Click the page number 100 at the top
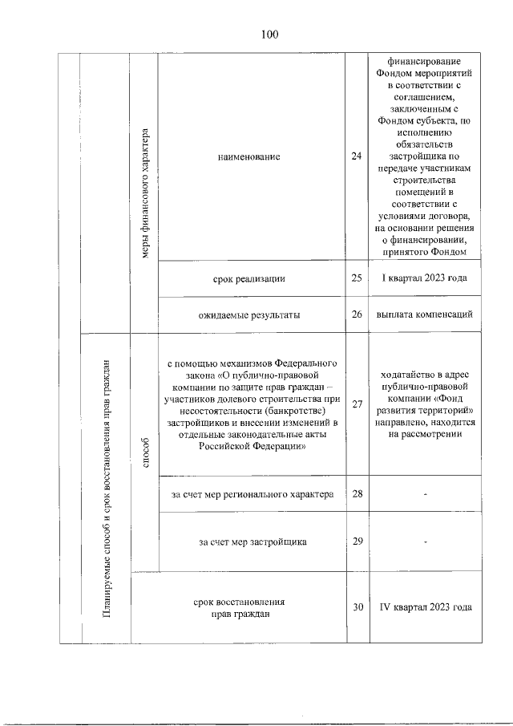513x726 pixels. click(269, 34)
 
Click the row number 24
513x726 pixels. click(357, 156)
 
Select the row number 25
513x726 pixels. click(357, 278)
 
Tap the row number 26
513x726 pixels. click(357, 314)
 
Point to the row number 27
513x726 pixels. click(357, 405)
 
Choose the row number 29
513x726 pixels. click(357, 541)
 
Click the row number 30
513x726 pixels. click(357, 607)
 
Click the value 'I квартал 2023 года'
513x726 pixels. click(425, 278)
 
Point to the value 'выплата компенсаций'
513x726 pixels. click(425, 314)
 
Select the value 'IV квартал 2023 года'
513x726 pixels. click(425, 607)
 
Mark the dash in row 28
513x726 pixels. click(426, 494)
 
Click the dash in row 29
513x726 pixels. click(426, 542)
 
